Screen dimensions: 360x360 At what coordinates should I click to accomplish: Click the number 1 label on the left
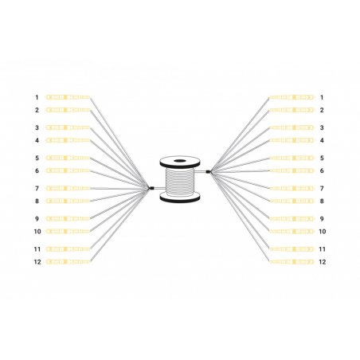point(37,97)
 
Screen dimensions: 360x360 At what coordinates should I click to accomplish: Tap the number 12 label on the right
point(322,262)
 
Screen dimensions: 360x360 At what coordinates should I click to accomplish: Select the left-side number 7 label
point(37,188)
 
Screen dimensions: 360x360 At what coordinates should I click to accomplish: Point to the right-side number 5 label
point(322,158)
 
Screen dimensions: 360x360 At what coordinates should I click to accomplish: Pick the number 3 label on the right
point(322,127)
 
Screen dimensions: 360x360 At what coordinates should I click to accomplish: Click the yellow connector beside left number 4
point(68,140)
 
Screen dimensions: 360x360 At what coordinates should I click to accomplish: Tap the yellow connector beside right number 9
point(292,218)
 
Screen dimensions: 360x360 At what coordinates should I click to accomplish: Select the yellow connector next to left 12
point(68,262)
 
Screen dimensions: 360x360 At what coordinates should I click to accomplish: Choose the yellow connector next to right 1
point(292,97)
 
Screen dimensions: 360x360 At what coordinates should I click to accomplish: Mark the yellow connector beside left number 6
point(68,170)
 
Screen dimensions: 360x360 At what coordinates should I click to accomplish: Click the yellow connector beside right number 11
point(292,249)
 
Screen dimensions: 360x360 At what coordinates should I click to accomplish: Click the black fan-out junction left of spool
point(151,188)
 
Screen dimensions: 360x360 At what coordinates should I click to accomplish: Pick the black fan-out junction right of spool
point(209,170)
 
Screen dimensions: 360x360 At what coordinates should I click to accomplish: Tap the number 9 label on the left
point(37,218)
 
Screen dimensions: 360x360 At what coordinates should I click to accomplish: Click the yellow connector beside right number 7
point(292,188)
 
